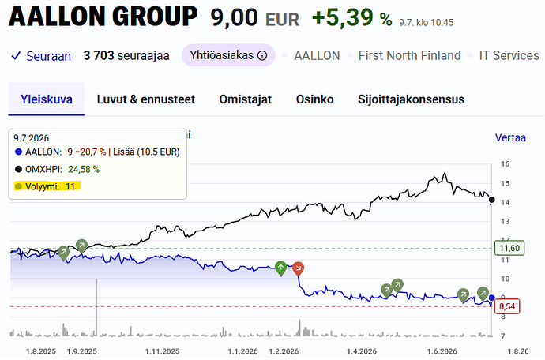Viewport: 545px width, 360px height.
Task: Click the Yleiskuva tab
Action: (47, 99)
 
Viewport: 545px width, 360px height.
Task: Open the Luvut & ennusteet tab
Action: (146, 99)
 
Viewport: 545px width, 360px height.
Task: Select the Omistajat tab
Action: (246, 99)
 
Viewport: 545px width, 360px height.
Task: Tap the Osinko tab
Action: (314, 99)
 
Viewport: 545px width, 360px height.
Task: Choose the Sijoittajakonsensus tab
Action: (412, 99)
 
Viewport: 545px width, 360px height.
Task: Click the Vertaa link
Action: (510, 137)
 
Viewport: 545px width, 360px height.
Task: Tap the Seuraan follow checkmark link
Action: (41, 56)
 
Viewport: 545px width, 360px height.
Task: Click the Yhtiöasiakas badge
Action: (228, 55)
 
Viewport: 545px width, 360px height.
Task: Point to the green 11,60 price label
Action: (509, 248)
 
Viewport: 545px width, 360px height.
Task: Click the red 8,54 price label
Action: (507, 306)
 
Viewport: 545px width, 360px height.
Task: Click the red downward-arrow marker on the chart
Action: (298, 268)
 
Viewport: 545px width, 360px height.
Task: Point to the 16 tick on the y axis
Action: (505, 164)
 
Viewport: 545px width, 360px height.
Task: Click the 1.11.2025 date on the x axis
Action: (163, 351)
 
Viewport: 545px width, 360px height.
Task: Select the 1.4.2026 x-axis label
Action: (362, 351)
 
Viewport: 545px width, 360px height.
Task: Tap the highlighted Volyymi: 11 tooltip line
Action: (47, 186)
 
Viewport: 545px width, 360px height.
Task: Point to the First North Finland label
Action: (409, 55)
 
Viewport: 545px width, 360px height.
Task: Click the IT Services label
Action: (509, 55)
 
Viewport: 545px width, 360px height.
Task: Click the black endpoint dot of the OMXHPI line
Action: (491, 200)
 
